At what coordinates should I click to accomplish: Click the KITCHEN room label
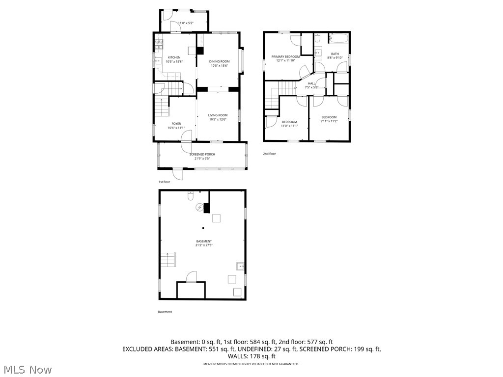pyautogui.click(x=174, y=57)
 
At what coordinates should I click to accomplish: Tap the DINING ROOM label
pyautogui.click(x=220, y=61)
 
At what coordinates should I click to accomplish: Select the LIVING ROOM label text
pyautogui.click(x=218, y=115)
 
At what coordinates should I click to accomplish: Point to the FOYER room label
pyautogui.click(x=176, y=124)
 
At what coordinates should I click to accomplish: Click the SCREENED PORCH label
pyautogui.click(x=202, y=155)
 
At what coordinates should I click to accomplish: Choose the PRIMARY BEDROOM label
pyautogui.click(x=288, y=57)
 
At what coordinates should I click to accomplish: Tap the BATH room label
pyautogui.click(x=335, y=54)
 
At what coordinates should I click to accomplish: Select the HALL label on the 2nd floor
pyautogui.click(x=311, y=83)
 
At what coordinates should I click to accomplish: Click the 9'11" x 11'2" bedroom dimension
pyautogui.click(x=329, y=121)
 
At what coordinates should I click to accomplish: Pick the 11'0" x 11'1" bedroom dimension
pyautogui.click(x=289, y=126)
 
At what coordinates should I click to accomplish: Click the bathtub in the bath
pyautogui.click(x=339, y=38)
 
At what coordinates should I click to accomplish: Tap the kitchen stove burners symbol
pyautogui.click(x=159, y=45)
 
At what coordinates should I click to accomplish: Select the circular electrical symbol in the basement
pyautogui.click(x=199, y=207)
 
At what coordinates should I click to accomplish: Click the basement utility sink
pyautogui.click(x=240, y=267)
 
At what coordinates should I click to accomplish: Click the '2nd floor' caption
pyautogui.click(x=269, y=154)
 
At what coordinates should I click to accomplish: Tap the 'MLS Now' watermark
pyautogui.click(x=28, y=369)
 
